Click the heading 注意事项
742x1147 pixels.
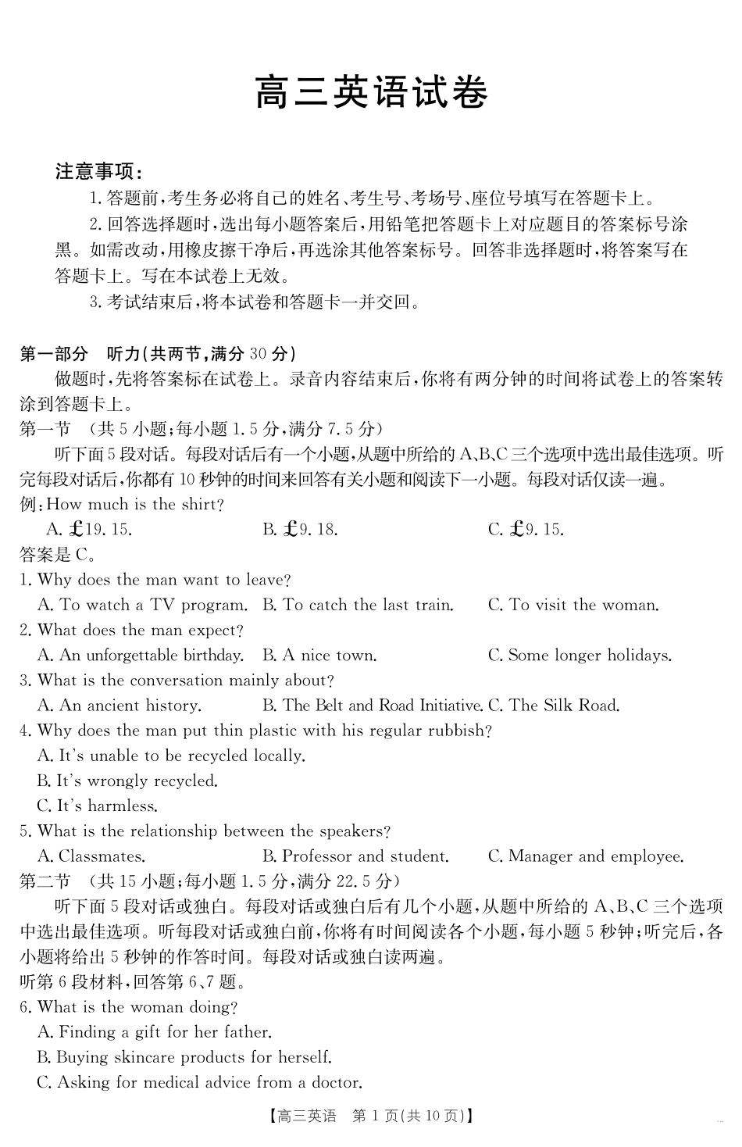(x=98, y=172)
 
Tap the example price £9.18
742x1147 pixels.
(x=300, y=530)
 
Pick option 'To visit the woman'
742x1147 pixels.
(x=574, y=605)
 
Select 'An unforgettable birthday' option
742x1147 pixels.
(x=141, y=656)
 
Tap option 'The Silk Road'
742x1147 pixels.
(x=554, y=706)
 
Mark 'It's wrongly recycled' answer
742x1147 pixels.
(x=127, y=781)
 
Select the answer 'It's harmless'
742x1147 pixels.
(x=98, y=806)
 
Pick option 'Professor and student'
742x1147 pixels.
(x=356, y=856)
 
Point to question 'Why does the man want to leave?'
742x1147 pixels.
(x=155, y=580)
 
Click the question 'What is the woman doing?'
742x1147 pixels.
(x=129, y=1007)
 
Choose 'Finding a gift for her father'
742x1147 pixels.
(x=155, y=1032)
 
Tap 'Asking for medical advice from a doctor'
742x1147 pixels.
(x=200, y=1083)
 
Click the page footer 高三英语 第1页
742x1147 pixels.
(x=372, y=1117)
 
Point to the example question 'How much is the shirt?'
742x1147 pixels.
(x=135, y=505)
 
